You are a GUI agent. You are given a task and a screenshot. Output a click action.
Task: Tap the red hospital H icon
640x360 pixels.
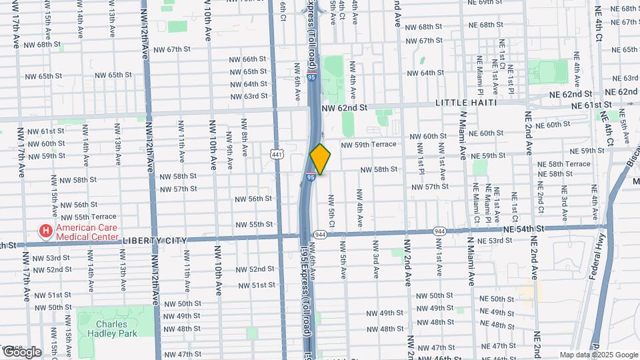click(x=46, y=231)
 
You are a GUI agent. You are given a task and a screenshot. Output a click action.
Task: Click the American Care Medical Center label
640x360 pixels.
click(x=87, y=231)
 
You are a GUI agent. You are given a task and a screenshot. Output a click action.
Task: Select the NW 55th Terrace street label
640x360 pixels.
click(x=88, y=217)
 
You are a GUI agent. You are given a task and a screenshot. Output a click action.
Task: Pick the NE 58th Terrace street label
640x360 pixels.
click(x=564, y=164)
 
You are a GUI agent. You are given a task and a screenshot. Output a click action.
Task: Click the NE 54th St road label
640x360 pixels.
click(x=524, y=229)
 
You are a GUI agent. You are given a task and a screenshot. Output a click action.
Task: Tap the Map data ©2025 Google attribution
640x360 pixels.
click(x=598, y=355)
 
